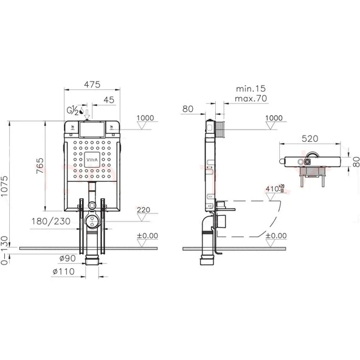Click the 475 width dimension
pyautogui.click(x=92, y=85)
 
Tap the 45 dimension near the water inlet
pyautogui.click(x=109, y=100)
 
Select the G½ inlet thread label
pyautogui.click(x=72, y=110)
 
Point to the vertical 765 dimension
pyautogui.click(x=40, y=165)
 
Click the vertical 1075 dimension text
pyautogui.click(x=4, y=186)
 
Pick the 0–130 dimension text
pyautogui.click(x=4, y=251)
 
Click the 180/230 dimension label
pyautogui.click(x=50, y=221)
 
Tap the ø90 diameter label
pyautogui.click(x=67, y=258)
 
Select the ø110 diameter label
pyautogui.click(x=64, y=272)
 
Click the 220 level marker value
pyautogui.click(x=144, y=210)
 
